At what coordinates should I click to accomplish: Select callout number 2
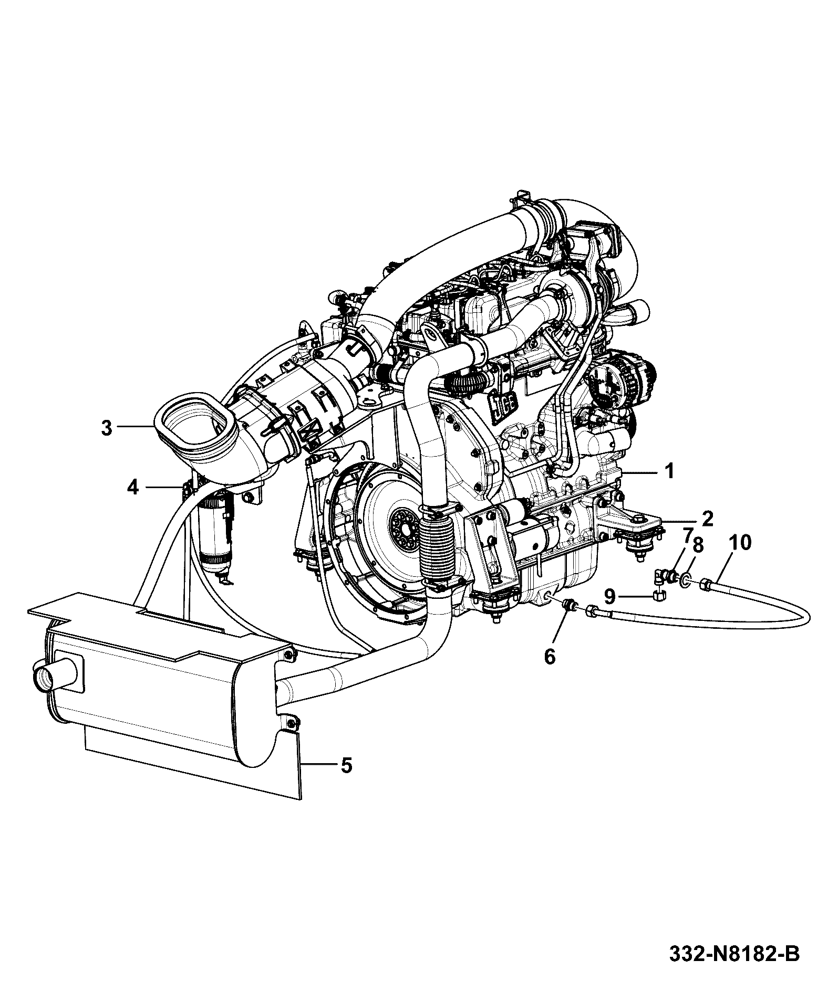pyautogui.click(x=708, y=518)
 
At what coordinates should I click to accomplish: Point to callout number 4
pyautogui.click(x=132, y=488)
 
